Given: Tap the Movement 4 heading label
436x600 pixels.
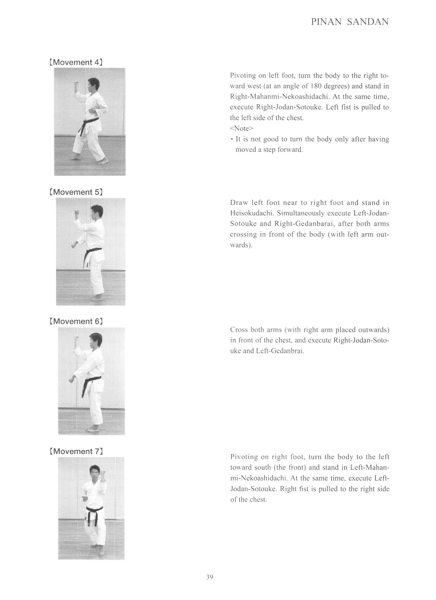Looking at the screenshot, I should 76,62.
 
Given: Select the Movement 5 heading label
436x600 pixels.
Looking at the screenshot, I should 76,192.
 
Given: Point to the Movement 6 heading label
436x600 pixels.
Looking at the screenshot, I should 76,321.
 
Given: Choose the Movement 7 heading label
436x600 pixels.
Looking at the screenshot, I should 76,451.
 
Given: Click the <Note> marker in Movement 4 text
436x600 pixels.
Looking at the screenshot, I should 242,129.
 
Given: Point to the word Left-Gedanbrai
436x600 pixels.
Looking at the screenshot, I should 280,351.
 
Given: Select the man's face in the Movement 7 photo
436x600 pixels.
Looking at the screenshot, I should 94,473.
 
